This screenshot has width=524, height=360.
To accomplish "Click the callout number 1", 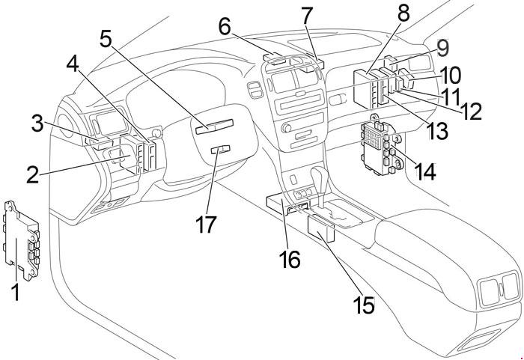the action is coord(16,291).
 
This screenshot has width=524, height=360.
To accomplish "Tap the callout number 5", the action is coord(106,39).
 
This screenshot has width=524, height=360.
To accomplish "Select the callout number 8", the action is coord(403,13).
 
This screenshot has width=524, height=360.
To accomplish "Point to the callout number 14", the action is coord(426,171).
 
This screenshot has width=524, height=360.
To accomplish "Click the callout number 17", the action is coord(206,224).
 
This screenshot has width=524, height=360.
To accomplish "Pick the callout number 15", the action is coord(365,305).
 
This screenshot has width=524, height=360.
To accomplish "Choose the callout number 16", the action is coord(290,260).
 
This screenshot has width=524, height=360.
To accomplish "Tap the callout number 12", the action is coord(472,111).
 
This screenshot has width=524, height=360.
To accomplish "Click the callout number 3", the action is coord(37,123).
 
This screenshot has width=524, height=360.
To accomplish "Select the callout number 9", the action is coord(442,49).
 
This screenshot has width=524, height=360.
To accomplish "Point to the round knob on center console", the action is coord(286,128).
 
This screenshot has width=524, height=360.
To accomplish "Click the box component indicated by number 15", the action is coord(321,228).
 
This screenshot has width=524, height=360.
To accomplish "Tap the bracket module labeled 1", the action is coord(22,241).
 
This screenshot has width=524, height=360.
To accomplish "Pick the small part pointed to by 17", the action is coord(221,150).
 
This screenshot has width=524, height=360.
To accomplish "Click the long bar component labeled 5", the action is coord(214,126).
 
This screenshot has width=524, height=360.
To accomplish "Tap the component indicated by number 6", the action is coord(274,58).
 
